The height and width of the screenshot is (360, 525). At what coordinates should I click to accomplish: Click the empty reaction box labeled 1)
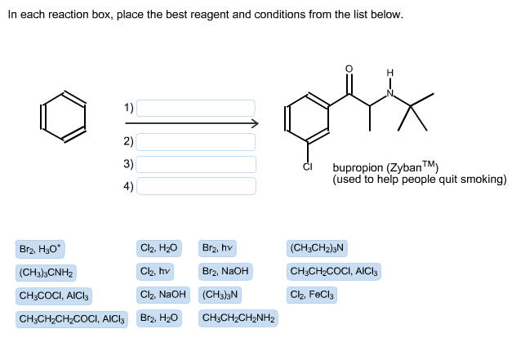coord(196,108)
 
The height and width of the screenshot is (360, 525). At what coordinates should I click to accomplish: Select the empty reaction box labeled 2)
coord(196,142)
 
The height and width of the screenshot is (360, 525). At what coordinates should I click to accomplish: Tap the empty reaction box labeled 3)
coord(196,164)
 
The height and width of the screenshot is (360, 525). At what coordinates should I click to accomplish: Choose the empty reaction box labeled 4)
coord(196,186)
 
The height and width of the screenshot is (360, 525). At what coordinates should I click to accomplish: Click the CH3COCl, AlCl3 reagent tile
coord(55,295)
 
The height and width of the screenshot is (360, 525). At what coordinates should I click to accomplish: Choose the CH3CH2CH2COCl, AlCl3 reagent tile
coord(72,318)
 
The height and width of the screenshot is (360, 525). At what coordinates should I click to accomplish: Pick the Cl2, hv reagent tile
coord(155,271)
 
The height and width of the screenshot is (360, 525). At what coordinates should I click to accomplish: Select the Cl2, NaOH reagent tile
coord(163,295)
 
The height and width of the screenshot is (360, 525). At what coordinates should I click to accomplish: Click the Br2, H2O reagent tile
coord(159,318)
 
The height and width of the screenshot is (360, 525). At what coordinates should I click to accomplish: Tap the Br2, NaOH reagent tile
coord(225,271)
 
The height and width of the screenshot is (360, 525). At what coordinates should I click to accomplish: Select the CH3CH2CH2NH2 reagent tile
coord(238,318)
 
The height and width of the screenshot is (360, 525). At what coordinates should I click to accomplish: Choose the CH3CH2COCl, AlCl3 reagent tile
coord(334,271)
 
